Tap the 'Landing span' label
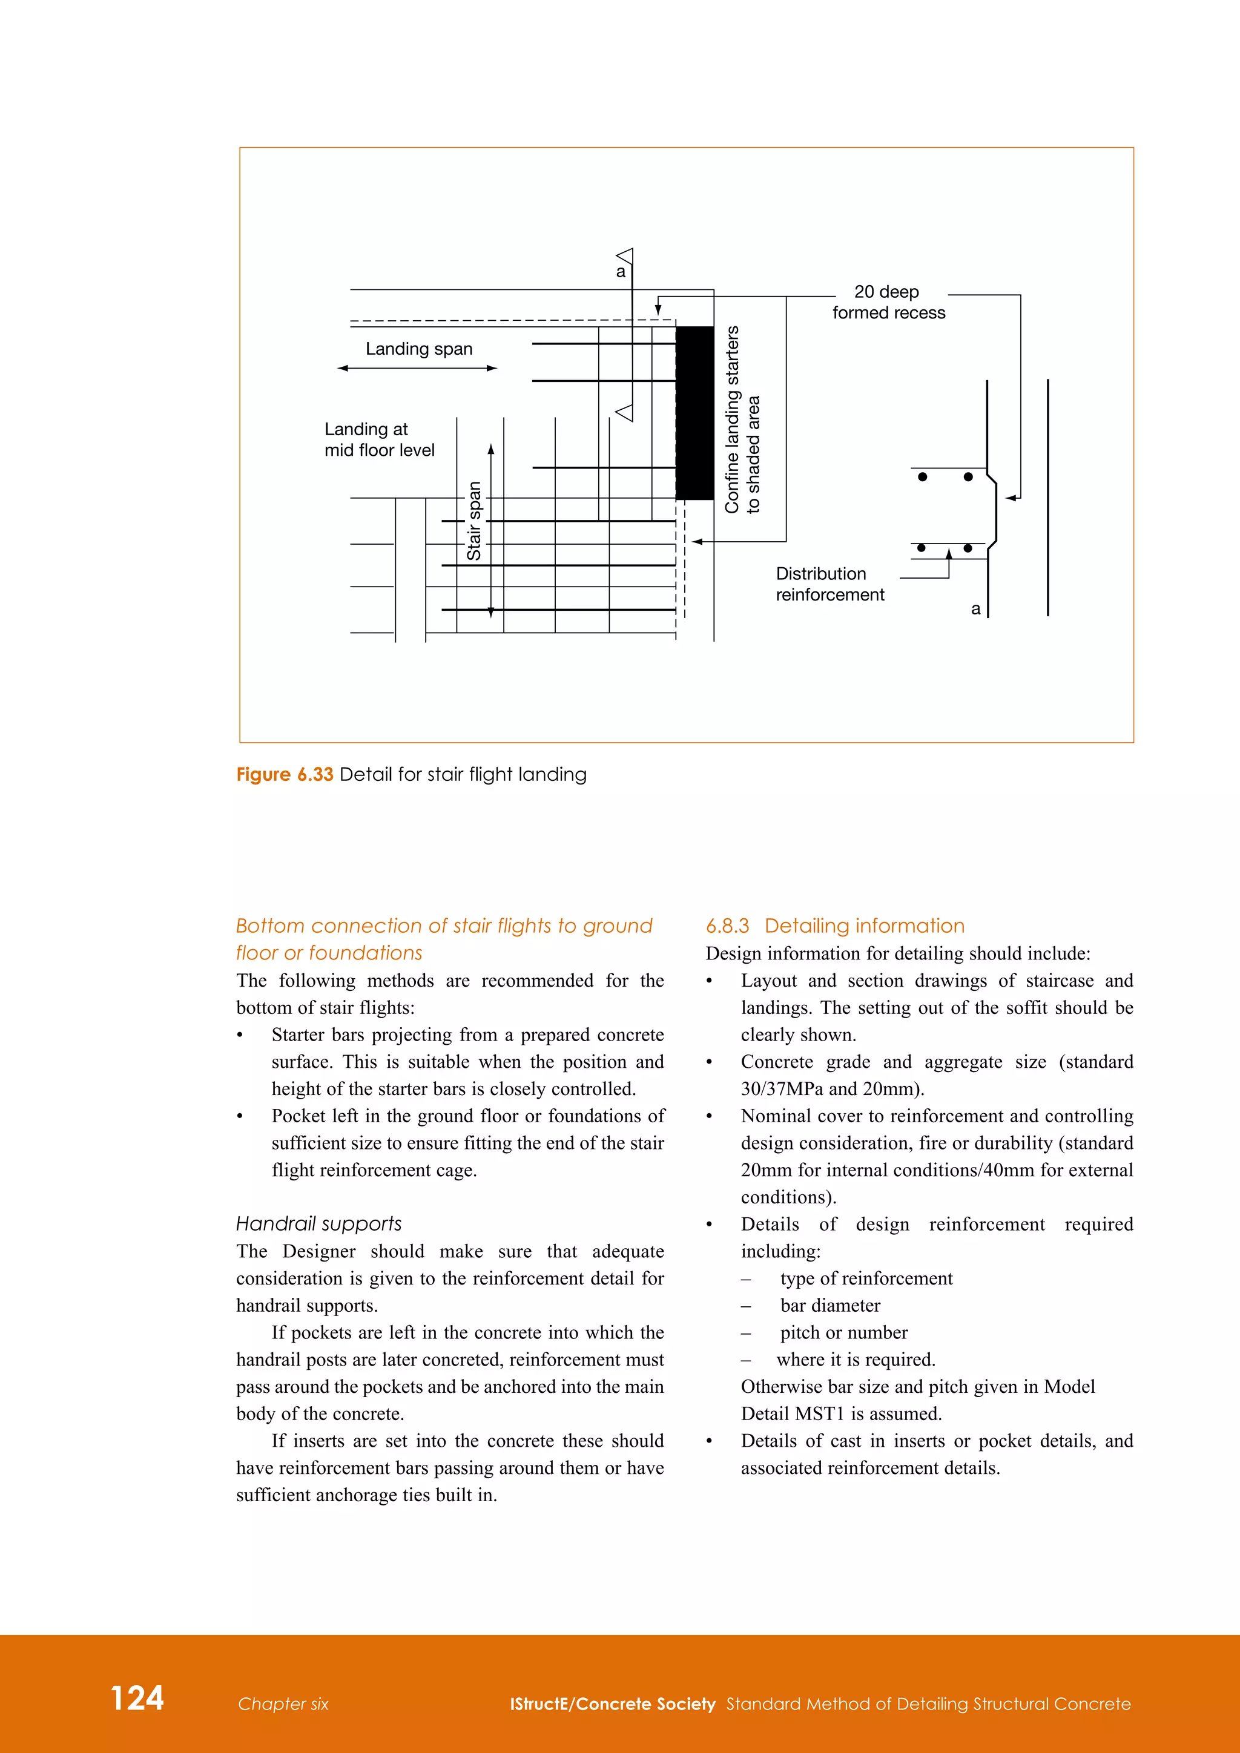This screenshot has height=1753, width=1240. click(418, 349)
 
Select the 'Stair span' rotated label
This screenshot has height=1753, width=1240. click(474, 521)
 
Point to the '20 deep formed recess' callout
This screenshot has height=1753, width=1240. click(888, 302)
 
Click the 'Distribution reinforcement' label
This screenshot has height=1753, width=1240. click(830, 584)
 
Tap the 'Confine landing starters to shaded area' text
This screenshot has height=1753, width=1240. click(742, 420)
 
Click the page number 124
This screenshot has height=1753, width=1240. click(137, 1698)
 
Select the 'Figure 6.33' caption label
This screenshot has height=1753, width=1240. click(285, 774)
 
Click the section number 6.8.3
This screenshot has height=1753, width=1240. click(727, 926)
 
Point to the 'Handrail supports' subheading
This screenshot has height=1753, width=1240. click(318, 1224)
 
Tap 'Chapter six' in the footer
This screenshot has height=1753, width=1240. click(283, 1704)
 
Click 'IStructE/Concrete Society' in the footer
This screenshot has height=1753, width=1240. click(612, 1704)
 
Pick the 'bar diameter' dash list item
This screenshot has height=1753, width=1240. click(830, 1306)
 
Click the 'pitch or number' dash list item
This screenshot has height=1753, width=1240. click(843, 1332)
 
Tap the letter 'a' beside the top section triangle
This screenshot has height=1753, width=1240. click(621, 272)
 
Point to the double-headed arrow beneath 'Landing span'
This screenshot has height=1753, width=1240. click(417, 368)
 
